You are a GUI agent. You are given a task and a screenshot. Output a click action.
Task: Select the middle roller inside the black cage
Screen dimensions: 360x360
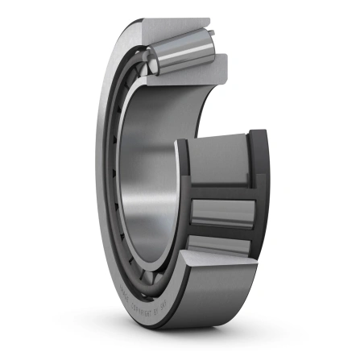click(222, 211)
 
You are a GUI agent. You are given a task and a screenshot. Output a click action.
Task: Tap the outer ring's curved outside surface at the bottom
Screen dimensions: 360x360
click(185, 322)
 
